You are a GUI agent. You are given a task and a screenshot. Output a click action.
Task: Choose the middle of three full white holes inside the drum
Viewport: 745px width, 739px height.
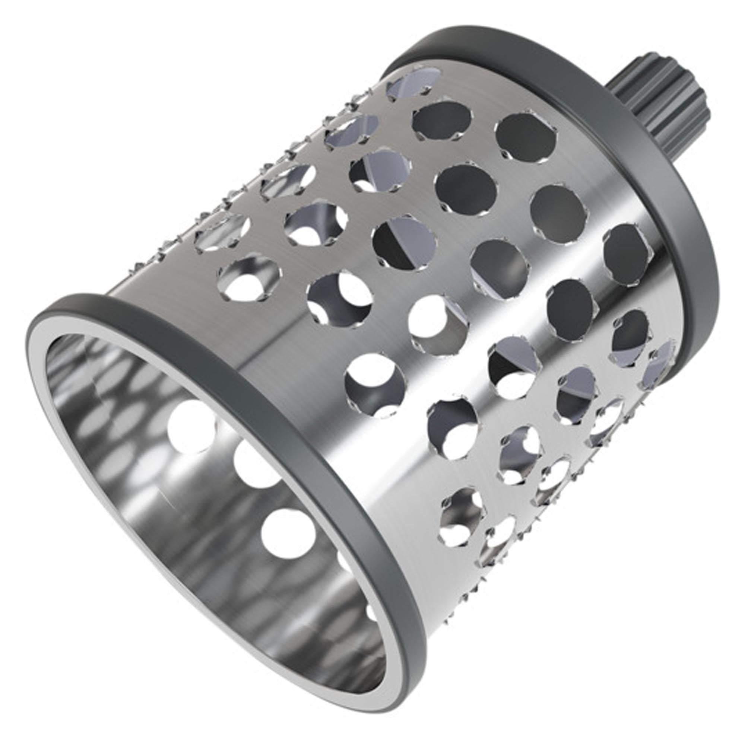tap(256, 464)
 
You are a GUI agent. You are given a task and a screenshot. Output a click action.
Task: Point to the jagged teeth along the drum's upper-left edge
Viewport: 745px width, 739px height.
tap(231, 192)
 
